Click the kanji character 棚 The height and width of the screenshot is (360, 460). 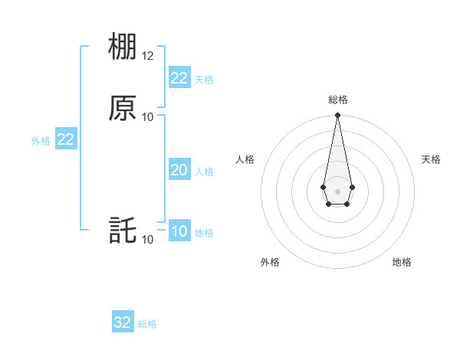(x=123, y=47)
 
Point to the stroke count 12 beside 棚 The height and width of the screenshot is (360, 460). (x=148, y=57)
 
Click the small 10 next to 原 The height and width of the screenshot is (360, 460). (x=148, y=116)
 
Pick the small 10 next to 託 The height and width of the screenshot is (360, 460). (x=148, y=240)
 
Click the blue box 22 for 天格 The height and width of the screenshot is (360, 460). (x=179, y=77)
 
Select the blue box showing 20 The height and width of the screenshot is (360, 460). (x=179, y=170)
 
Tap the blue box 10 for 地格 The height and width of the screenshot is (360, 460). (x=179, y=231)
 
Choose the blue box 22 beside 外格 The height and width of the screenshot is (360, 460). (x=65, y=139)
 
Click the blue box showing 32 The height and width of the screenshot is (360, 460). (x=123, y=322)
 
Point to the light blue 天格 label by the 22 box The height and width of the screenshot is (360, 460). (x=204, y=79)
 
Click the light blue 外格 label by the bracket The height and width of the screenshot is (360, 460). (x=41, y=141)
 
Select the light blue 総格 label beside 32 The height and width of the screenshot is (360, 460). (x=147, y=324)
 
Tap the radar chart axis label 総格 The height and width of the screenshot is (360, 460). (x=337, y=100)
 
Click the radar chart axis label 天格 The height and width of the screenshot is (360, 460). (x=431, y=159)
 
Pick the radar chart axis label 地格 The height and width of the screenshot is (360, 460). (x=402, y=262)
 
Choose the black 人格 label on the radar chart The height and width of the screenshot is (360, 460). (x=245, y=159)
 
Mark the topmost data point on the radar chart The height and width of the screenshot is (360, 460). (x=337, y=116)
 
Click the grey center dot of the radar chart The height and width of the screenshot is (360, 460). (x=337, y=191)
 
